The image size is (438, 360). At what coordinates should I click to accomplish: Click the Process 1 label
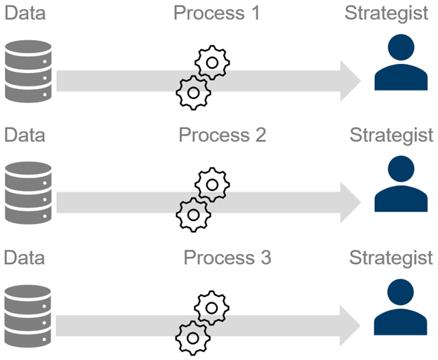[217, 13]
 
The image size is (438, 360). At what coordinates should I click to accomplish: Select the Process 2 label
[223, 135]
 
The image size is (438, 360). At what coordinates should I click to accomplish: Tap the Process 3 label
[227, 258]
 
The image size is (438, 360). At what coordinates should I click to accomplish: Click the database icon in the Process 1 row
[28, 72]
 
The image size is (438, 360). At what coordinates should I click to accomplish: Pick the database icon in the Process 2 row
[28, 193]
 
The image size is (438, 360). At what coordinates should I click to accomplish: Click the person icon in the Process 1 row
[401, 64]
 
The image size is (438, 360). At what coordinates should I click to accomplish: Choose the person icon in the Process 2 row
[401, 185]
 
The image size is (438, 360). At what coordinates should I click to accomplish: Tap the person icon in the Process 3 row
[401, 308]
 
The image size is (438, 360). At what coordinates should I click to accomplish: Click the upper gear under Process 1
[211, 63]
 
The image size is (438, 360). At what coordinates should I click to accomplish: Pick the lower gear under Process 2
[192, 215]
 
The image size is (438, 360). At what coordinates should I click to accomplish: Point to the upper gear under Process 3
[211, 307]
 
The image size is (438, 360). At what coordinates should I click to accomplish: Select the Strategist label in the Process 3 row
[391, 258]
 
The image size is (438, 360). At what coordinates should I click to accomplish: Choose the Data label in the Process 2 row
[25, 135]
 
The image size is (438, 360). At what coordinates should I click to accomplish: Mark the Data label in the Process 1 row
[25, 13]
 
